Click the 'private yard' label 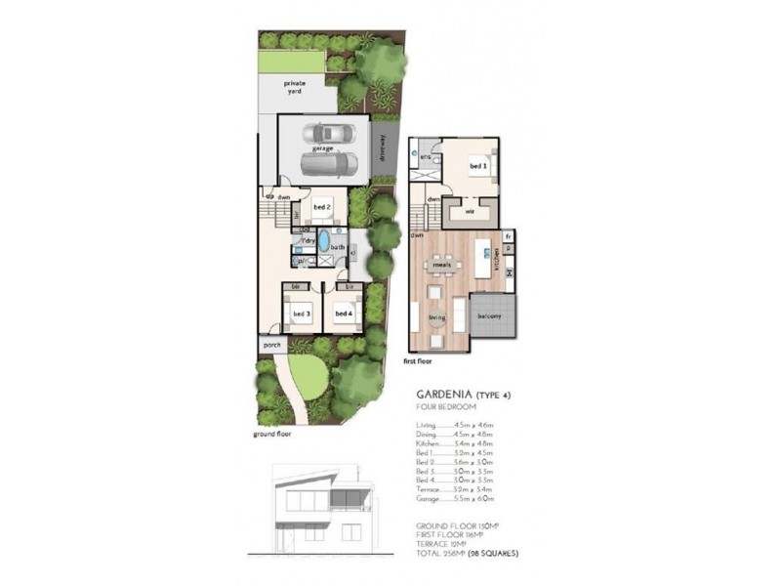coord(295,88)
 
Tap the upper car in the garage coord(327,134)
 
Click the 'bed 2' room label coord(323,207)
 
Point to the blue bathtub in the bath coord(323,241)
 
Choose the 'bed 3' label coord(302,314)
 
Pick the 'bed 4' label coord(343,314)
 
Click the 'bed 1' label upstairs coord(478,167)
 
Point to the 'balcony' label coord(489,316)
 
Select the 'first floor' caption coord(417,361)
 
